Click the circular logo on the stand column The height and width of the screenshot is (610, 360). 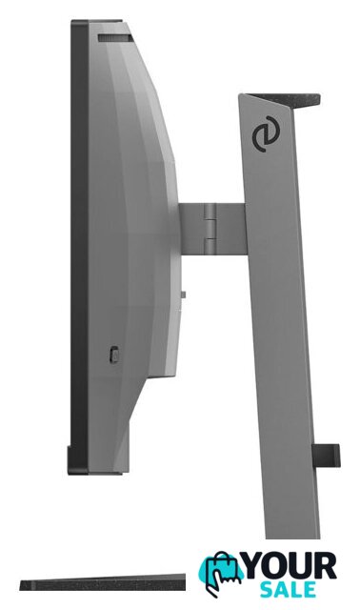pos(265,133)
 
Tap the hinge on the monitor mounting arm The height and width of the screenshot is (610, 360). pos(210,229)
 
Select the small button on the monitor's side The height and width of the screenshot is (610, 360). pos(113,355)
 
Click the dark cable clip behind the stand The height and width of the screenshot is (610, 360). pos(326,456)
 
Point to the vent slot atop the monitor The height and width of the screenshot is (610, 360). pos(115,38)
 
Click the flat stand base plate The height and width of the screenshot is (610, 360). pos(103,582)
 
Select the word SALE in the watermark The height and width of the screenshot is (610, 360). pos(288,589)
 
